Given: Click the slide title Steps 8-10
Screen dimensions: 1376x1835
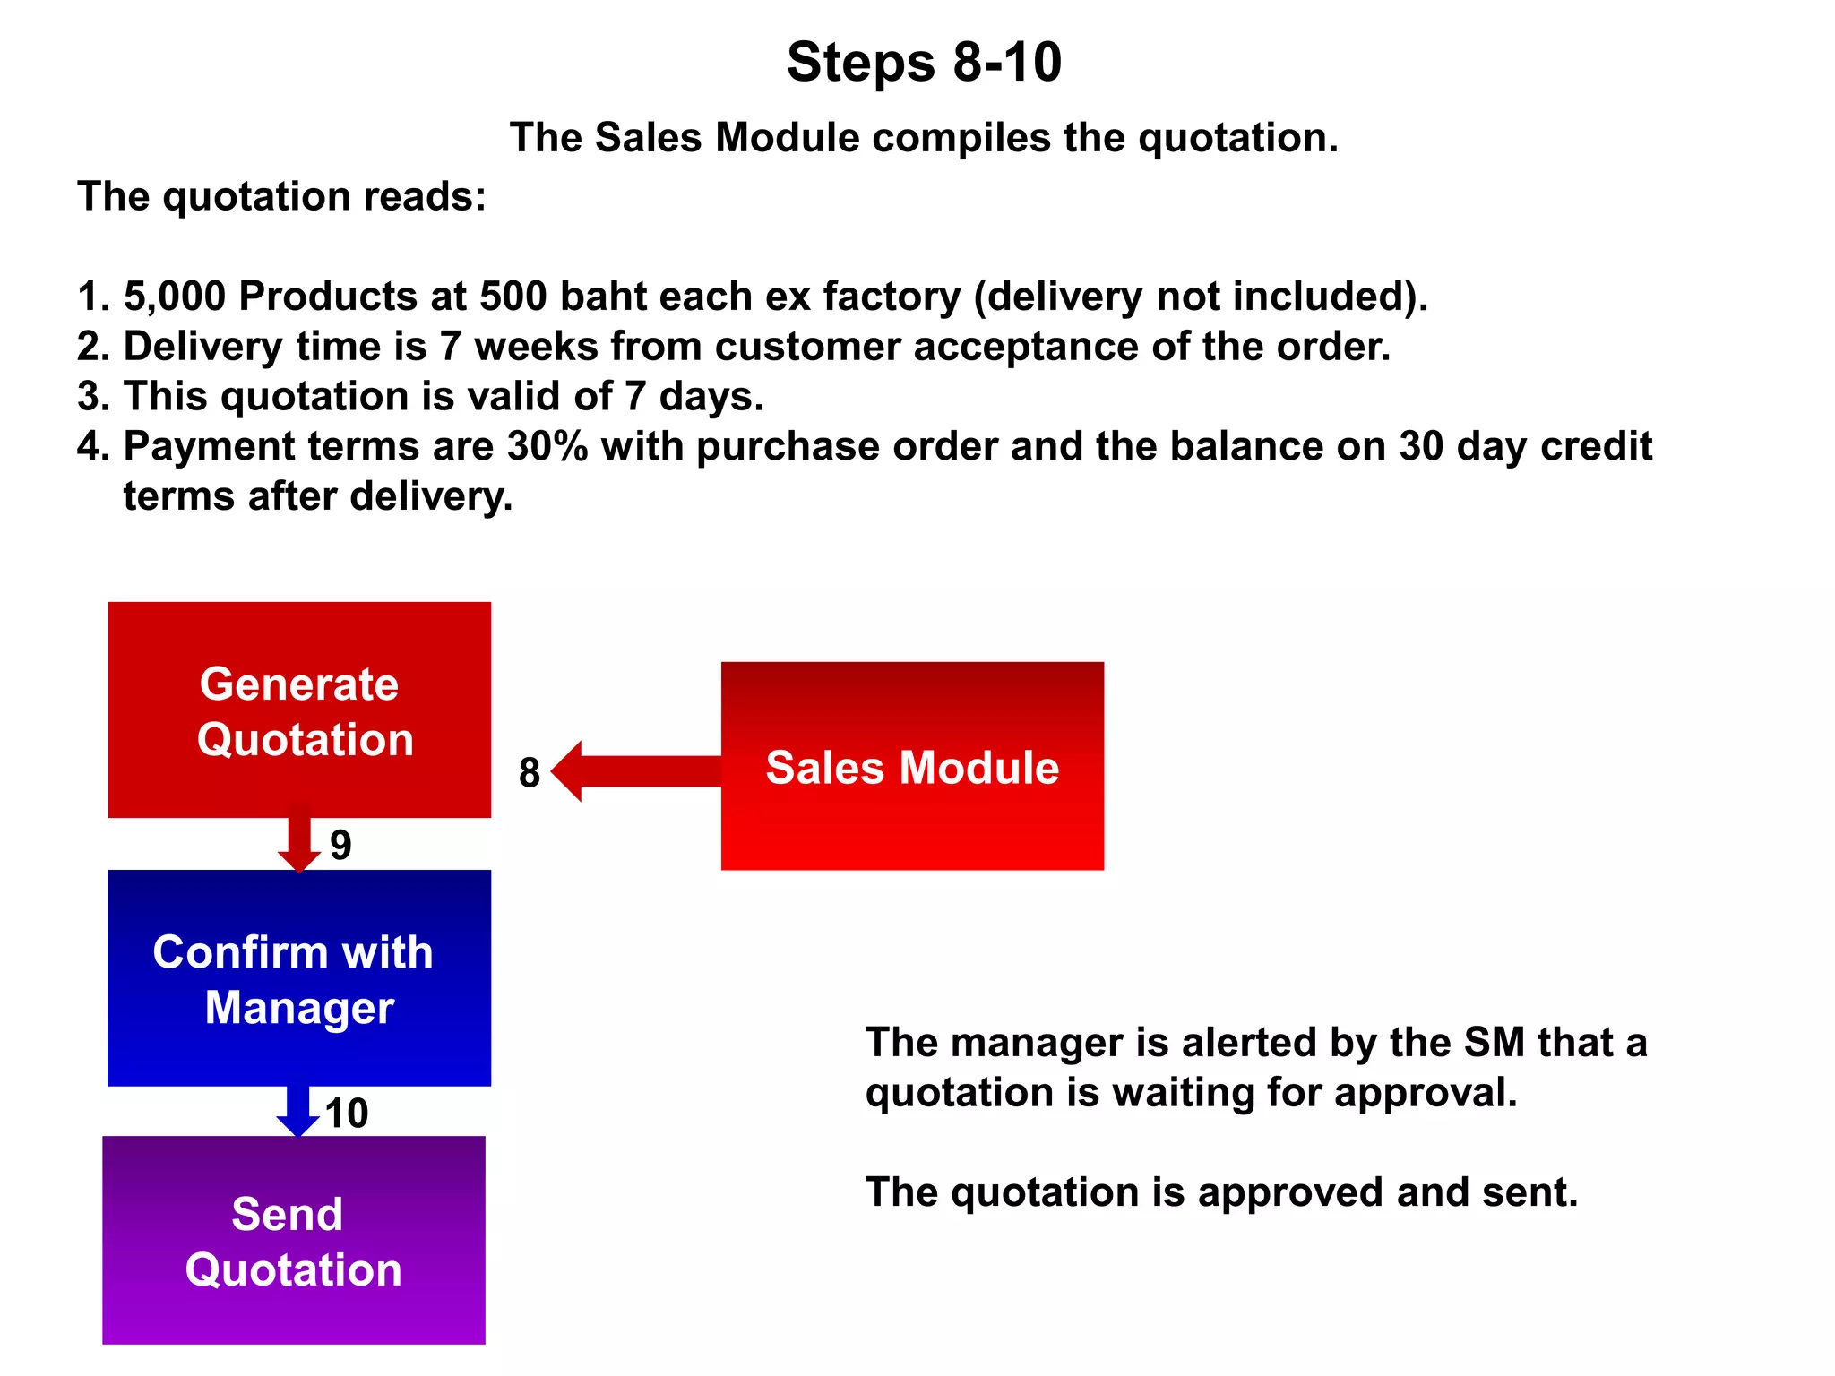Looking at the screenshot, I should (x=924, y=63).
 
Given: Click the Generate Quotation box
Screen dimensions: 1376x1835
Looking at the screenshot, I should (x=299, y=709).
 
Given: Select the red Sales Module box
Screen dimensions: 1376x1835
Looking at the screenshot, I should (x=912, y=766).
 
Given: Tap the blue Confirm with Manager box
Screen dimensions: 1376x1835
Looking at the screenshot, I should (x=299, y=978).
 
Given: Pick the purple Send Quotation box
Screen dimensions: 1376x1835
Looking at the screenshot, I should (x=294, y=1241).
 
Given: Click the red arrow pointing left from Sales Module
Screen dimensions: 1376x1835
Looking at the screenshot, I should (x=636, y=771).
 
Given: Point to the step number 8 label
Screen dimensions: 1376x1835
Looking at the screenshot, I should (x=530, y=773).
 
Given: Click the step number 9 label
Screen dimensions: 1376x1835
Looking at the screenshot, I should (x=340, y=845).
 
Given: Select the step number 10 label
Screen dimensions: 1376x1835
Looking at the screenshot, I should (x=347, y=1114).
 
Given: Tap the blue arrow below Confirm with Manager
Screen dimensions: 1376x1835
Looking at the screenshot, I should (x=298, y=1111).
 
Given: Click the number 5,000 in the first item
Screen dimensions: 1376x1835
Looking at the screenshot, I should (x=175, y=297).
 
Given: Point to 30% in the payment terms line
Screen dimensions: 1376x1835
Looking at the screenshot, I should (x=547, y=446).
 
